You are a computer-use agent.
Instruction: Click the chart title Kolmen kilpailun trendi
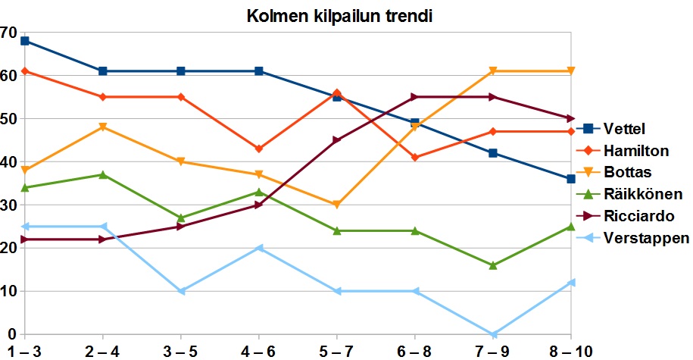click(x=339, y=16)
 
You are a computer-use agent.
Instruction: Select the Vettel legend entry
click(x=610, y=129)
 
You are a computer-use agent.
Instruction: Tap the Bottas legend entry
click(x=614, y=172)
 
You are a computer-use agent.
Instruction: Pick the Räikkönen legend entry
click(x=630, y=194)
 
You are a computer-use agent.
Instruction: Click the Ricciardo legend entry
click(x=626, y=216)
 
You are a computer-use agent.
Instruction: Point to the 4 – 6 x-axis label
click(x=258, y=352)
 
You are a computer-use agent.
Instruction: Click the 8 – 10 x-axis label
click(x=570, y=352)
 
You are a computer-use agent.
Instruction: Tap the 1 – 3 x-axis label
click(x=24, y=352)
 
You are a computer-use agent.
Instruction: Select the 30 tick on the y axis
click(x=9, y=205)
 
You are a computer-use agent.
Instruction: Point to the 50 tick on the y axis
click(x=9, y=119)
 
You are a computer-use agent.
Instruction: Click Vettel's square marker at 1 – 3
click(x=25, y=41)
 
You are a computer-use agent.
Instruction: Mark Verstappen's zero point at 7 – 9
click(x=493, y=334)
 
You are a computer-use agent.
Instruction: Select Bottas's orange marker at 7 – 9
click(x=493, y=71)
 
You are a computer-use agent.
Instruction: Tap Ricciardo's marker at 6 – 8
click(x=414, y=97)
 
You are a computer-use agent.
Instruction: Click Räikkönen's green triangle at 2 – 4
click(x=102, y=174)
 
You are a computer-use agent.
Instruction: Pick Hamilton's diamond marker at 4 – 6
click(x=258, y=149)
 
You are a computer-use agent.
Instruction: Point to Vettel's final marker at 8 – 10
click(x=570, y=179)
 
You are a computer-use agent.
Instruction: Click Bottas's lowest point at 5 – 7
click(x=337, y=205)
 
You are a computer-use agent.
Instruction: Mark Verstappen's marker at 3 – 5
click(x=181, y=291)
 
